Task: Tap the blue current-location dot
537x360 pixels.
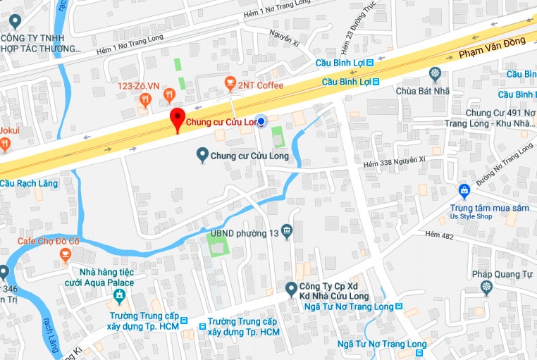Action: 261,122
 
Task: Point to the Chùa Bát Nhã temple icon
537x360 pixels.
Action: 436,73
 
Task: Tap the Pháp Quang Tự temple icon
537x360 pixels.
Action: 486,287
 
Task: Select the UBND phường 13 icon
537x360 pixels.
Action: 286,231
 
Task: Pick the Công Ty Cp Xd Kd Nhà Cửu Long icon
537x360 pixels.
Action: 290,287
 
